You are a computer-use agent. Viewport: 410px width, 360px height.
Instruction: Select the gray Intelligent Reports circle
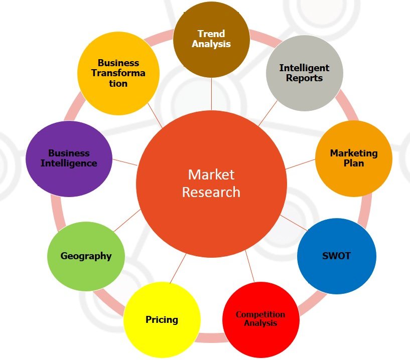[304, 73]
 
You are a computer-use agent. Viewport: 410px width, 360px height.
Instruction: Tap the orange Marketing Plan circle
[353, 158]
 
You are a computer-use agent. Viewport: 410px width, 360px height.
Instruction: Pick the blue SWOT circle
[336, 256]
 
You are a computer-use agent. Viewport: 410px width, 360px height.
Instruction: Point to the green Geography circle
[86, 256]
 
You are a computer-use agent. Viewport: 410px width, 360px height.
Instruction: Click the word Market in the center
[211, 174]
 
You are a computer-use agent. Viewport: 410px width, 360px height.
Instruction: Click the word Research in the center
[211, 192]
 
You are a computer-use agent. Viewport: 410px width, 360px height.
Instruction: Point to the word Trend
[211, 34]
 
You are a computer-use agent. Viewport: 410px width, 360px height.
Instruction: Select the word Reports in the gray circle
[304, 78]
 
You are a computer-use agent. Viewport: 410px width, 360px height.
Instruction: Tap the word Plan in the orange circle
[353, 163]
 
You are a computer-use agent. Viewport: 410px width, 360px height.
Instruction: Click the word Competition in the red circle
[260, 314]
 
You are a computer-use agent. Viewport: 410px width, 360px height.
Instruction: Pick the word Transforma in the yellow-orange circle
[118, 73]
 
